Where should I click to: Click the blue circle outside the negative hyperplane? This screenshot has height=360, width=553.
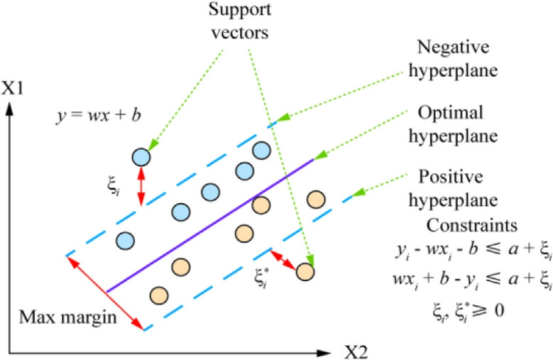point(141,157)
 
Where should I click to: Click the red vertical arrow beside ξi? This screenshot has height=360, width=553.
point(141,186)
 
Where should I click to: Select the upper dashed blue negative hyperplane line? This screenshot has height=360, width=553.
point(170,192)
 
